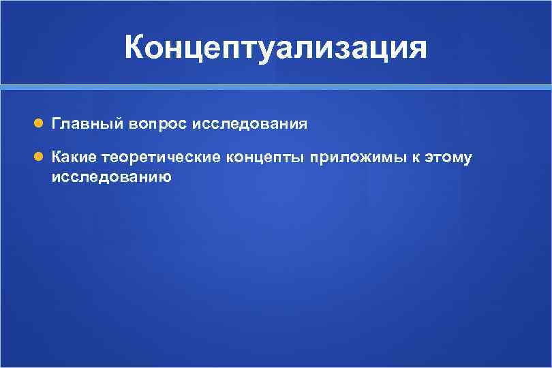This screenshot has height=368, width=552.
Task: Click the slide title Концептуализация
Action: coord(276,48)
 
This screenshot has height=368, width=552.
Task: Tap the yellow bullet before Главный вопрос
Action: coord(39,124)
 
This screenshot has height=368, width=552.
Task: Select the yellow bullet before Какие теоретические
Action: coord(39,157)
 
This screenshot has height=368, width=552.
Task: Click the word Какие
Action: coord(74,158)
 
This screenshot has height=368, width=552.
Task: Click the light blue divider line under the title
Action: coord(276,87)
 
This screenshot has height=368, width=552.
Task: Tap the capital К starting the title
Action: coord(136,48)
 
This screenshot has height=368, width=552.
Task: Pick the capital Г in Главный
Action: coord(55,124)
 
